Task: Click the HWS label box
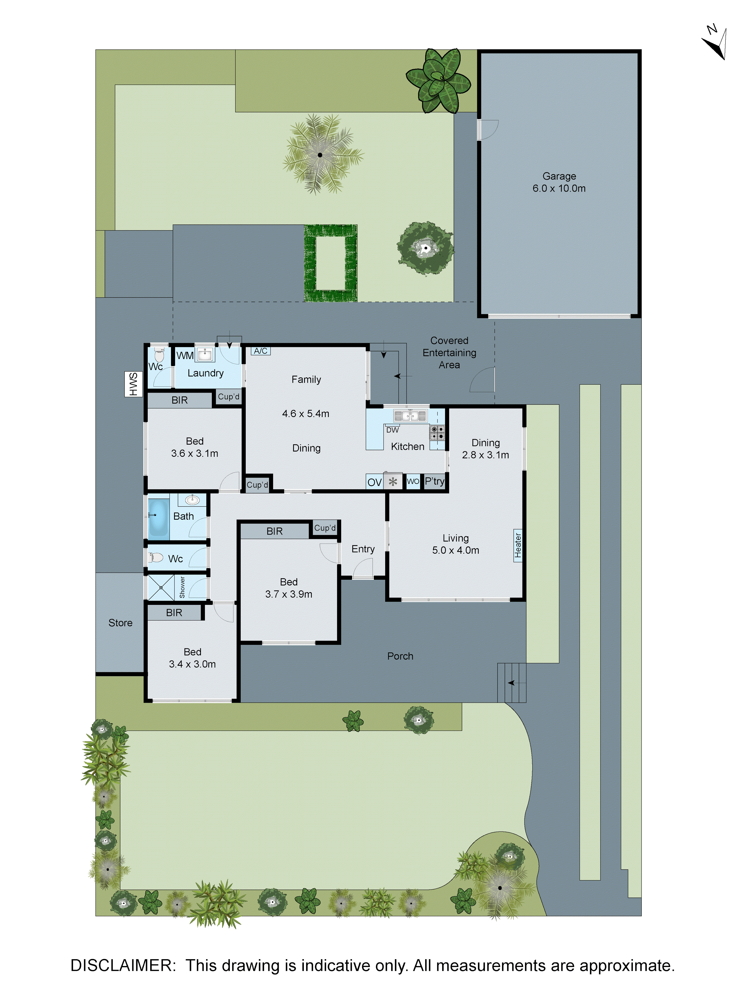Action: (x=133, y=384)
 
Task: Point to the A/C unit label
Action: (x=261, y=351)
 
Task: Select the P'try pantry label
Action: (x=434, y=481)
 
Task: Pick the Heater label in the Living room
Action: (x=518, y=545)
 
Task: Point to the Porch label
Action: (x=400, y=656)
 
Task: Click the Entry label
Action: (x=363, y=549)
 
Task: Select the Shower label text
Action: (x=182, y=587)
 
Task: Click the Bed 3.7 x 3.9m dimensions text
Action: (x=289, y=594)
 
